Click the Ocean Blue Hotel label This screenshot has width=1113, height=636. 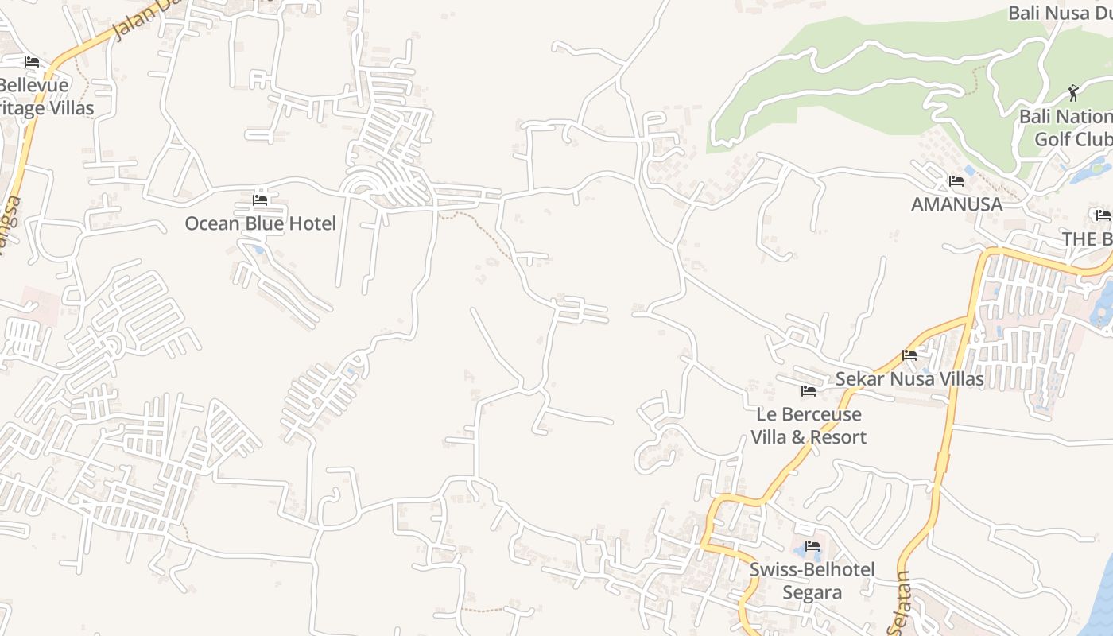pyautogui.click(x=260, y=223)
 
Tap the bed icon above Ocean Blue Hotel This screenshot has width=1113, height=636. pyautogui.click(x=260, y=200)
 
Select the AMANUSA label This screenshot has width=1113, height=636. pyautogui.click(x=956, y=204)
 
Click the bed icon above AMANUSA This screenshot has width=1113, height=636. pyautogui.click(x=956, y=181)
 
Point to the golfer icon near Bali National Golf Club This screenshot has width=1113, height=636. pyautogui.click(x=1073, y=93)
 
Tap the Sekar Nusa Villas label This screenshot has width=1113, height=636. pyautogui.click(x=909, y=378)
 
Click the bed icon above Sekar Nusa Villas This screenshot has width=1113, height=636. pyautogui.click(x=909, y=355)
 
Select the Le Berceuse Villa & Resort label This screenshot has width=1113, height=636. pyautogui.click(x=809, y=425)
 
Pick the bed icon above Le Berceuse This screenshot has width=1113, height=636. pyautogui.click(x=809, y=391)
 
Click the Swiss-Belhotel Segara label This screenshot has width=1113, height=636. pyautogui.click(x=812, y=580)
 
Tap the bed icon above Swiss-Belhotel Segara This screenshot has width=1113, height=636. pyautogui.click(x=812, y=546)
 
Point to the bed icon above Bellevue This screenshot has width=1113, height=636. pyautogui.click(x=32, y=62)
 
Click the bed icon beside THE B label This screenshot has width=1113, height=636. pyautogui.click(x=1103, y=215)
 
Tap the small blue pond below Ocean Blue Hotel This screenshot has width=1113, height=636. pyautogui.click(x=257, y=249)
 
